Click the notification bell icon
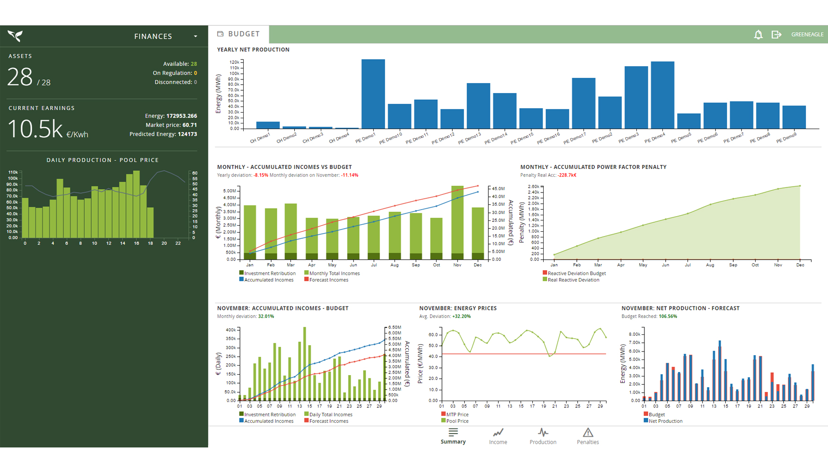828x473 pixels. click(x=758, y=35)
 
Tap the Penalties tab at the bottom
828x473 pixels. click(x=588, y=436)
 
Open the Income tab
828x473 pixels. click(x=498, y=436)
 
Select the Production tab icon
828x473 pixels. click(x=543, y=432)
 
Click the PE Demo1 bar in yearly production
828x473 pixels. click(x=373, y=95)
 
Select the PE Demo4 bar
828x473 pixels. click(x=662, y=95)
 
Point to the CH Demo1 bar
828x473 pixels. click(x=268, y=125)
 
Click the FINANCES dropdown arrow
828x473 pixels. click(x=195, y=36)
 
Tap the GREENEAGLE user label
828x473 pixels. click(x=807, y=35)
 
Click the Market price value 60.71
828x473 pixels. click(x=189, y=125)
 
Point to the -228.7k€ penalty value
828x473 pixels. click(x=567, y=175)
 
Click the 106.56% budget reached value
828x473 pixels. click(x=668, y=316)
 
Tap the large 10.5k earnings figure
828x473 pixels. click(x=35, y=129)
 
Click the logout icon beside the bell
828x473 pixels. click(x=776, y=35)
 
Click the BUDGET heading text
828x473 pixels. click(x=244, y=34)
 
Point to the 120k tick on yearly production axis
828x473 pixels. click(x=234, y=62)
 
